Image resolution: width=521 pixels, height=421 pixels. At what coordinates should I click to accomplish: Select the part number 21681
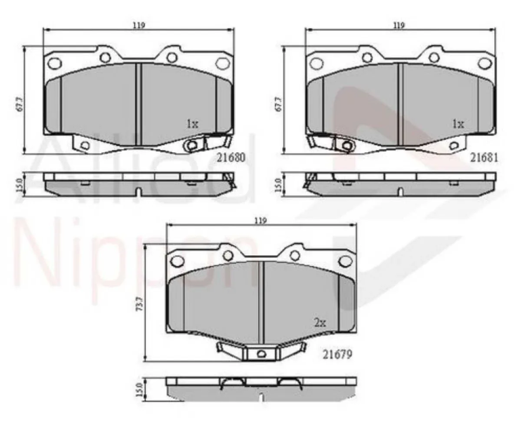coord(484,159)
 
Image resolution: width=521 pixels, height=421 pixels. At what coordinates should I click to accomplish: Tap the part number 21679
coord(337,354)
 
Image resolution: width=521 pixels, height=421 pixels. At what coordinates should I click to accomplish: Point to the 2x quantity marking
coord(320,322)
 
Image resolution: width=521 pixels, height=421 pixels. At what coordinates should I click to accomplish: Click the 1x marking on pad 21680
coord(192,124)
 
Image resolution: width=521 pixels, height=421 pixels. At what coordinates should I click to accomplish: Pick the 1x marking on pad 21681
coord(458,124)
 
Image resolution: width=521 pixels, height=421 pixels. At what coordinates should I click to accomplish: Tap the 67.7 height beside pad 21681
coord(278,105)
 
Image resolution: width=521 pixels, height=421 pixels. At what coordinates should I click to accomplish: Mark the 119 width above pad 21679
coord(260,221)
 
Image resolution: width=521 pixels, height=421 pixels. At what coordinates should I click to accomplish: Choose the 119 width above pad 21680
coord(139,25)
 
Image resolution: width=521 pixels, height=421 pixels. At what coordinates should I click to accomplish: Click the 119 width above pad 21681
coord(399,25)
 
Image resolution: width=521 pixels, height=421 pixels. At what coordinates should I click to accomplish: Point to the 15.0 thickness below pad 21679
coord(139,390)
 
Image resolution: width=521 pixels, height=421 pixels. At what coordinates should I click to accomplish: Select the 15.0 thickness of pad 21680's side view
coord(18,184)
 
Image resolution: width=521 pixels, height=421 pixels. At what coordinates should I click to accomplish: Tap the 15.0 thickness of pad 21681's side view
coord(278,185)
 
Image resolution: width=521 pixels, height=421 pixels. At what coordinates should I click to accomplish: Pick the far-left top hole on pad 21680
coord(54,63)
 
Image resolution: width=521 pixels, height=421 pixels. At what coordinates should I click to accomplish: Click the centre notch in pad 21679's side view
coord(261,397)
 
